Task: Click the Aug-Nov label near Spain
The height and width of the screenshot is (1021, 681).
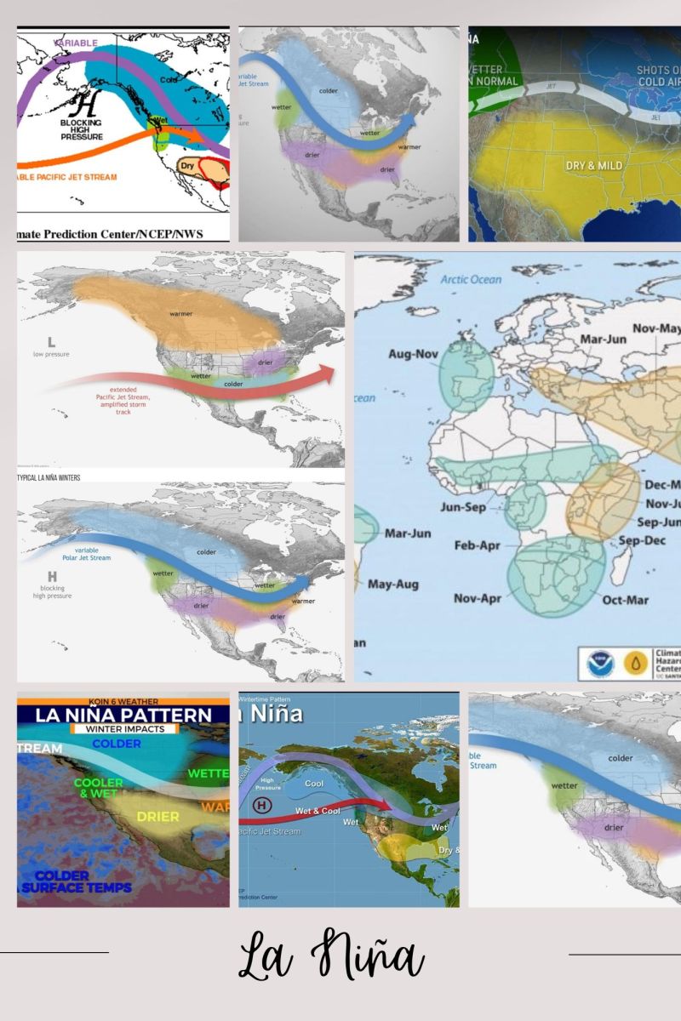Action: [413, 354]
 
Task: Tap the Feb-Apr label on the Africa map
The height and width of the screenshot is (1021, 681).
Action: [478, 545]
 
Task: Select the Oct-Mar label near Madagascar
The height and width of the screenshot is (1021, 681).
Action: [626, 600]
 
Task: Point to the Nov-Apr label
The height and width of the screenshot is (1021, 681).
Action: [476, 598]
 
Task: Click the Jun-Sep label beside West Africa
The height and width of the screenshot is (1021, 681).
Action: [463, 506]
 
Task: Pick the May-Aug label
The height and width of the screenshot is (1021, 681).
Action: [393, 585]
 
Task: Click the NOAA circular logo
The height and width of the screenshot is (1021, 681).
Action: [599, 664]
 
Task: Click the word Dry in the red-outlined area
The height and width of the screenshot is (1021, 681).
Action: [189, 165]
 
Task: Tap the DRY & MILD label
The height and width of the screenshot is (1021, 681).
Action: [594, 165]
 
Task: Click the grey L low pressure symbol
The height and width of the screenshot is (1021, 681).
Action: [51, 342]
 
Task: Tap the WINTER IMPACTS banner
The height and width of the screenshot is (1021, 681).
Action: [123, 728]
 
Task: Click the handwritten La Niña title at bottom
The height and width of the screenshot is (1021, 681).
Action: [331, 956]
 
